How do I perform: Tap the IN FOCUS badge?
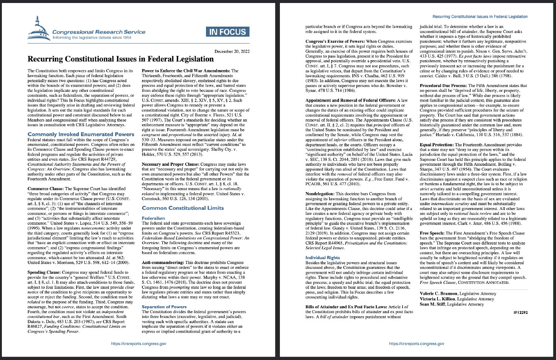click(x=227, y=32)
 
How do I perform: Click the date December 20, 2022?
click(x=232, y=51)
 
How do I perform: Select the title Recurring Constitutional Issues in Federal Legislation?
click(x=120, y=59)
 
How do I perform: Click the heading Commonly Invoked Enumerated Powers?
click(x=81, y=134)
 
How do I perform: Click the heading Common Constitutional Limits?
click(x=183, y=208)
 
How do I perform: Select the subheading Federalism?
click(x=153, y=218)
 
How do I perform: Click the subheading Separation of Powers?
click(x=164, y=307)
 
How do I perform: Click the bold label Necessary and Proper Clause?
click(x=171, y=164)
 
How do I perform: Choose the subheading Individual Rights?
click(x=322, y=258)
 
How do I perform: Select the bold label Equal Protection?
click(x=437, y=145)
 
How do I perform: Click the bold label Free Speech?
click(x=431, y=233)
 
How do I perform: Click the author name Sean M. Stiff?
click(x=432, y=304)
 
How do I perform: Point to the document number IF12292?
click(x=520, y=312)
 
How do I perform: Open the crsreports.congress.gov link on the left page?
click(x=138, y=343)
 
